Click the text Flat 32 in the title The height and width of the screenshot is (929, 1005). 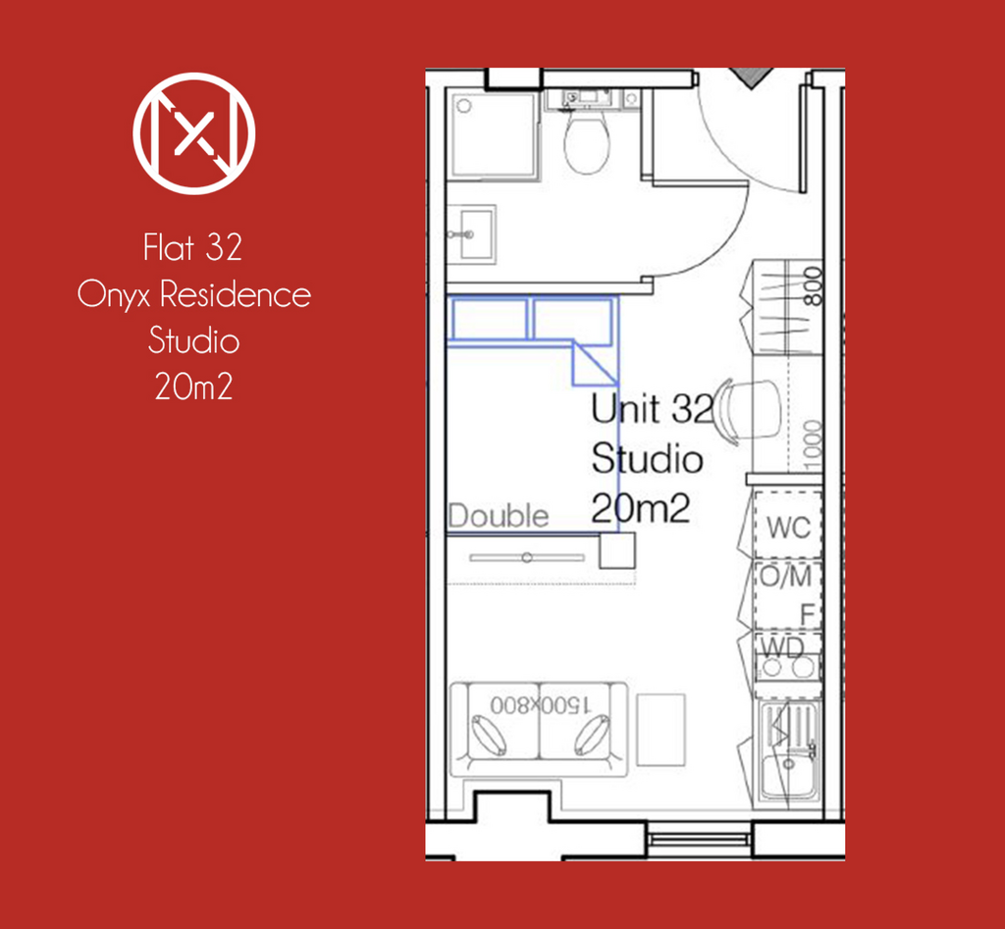193,247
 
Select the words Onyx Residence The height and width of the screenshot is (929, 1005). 194,294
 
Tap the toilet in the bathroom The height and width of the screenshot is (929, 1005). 586,142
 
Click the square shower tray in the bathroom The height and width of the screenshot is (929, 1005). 494,134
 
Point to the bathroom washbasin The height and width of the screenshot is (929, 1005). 472,233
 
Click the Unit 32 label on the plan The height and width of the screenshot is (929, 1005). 652,408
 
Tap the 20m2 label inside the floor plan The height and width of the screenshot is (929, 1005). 640,509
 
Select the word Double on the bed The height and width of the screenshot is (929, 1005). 499,516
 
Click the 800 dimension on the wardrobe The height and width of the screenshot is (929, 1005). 812,286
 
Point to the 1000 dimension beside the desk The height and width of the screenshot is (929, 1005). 812,440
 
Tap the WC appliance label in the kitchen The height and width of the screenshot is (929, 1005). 789,528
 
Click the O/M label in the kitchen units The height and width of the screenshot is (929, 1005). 786,577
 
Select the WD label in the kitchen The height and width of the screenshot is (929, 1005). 782,647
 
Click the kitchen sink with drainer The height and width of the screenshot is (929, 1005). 789,750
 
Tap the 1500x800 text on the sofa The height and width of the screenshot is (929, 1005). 540,705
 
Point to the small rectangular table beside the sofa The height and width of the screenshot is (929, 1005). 661,730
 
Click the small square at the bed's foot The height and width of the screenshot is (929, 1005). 617,550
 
